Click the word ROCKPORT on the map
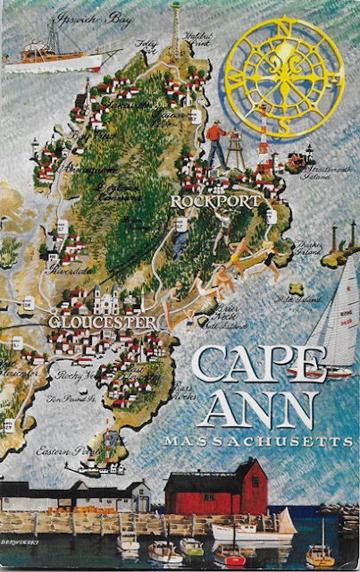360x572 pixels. click(215, 201)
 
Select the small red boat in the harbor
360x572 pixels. click(230, 556)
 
